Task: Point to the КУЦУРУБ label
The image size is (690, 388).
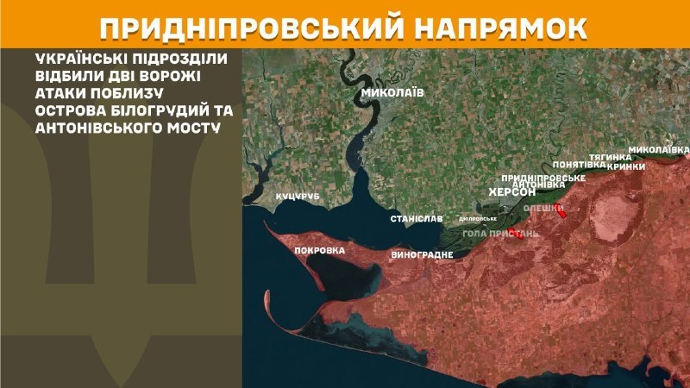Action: coord(298,197)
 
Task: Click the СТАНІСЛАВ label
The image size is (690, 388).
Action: coord(416,220)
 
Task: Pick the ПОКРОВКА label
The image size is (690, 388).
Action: coord(319,251)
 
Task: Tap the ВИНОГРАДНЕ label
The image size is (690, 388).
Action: coord(422,256)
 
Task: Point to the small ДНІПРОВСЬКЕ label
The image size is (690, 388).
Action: coord(477,219)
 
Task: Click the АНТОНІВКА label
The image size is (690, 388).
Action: coord(539,185)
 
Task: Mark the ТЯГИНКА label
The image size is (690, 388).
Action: coord(611,157)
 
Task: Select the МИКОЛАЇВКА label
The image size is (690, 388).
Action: coord(658,150)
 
